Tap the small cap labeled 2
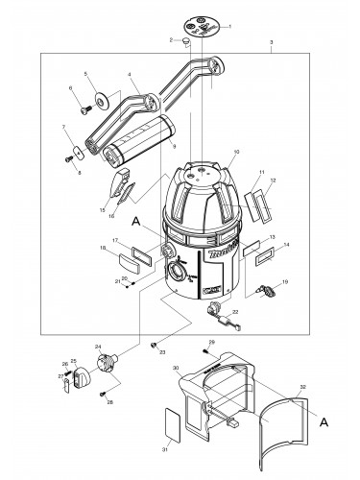187,41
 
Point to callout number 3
272,43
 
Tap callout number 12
273,180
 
